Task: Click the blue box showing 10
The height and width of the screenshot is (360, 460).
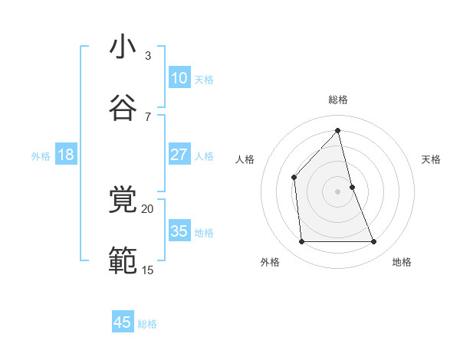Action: coord(179,78)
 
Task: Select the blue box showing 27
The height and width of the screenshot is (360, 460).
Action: coord(179,155)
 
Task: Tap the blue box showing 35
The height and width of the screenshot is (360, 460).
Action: coord(179,231)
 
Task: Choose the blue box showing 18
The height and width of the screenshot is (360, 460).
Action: coord(65,155)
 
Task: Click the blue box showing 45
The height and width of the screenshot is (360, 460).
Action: coord(123,322)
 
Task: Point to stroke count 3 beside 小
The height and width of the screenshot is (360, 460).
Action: coord(148,56)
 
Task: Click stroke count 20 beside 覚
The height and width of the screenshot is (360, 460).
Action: coord(147,208)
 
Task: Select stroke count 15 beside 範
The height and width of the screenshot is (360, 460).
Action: coord(147,270)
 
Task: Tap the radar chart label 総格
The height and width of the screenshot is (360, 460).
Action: coord(338,100)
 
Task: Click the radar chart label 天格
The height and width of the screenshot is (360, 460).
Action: coord(431,159)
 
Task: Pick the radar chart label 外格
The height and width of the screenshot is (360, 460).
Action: coord(270,262)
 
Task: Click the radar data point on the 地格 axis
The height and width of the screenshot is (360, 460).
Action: coord(374,242)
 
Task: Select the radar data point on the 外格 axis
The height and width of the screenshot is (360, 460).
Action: coord(301,242)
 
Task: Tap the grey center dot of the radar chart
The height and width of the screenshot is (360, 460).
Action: coord(338,191)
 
